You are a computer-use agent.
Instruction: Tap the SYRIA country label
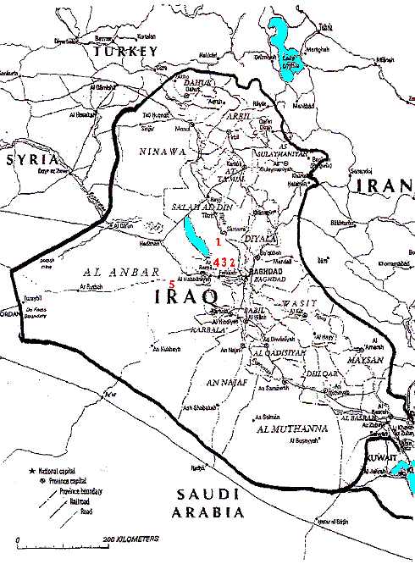[x=30, y=159]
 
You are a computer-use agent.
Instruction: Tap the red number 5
[x=172, y=284]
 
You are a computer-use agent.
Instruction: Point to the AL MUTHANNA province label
[x=290, y=430]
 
